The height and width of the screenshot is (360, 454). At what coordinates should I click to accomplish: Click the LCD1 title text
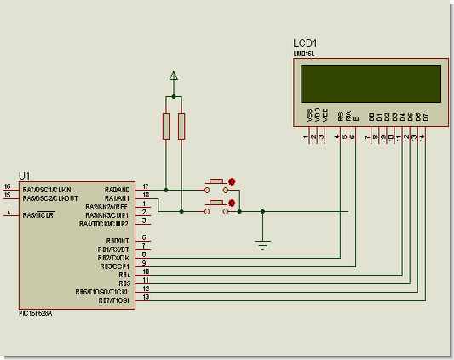(x=305, y=43)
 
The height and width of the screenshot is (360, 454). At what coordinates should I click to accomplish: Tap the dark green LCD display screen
(x=371, y=83)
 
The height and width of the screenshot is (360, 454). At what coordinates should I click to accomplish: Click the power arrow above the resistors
(x=174, y=77)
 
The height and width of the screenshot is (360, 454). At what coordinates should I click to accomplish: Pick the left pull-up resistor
(x=166, y=126)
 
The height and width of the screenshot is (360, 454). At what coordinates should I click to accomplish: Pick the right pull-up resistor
(x=181, y=126)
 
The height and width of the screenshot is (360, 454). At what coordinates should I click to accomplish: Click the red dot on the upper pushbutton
(x=232, y=180)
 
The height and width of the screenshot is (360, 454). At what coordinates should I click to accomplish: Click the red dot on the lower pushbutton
(x=232, y=203)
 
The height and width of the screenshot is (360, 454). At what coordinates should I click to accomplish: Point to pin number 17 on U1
(x=146, y=186)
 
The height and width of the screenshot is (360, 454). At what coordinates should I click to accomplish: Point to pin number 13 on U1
(x=146, y=297)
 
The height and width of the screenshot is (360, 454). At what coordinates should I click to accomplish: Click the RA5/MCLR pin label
(x=38, y=215)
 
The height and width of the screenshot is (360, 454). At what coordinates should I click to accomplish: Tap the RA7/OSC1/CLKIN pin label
(x=47, y=189)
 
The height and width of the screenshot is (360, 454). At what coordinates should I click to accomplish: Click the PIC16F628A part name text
(x=35, y=313)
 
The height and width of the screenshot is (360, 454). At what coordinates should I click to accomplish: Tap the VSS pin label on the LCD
(x=307, y=114)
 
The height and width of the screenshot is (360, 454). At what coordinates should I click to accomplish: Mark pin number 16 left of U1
(x=7, y=186)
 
